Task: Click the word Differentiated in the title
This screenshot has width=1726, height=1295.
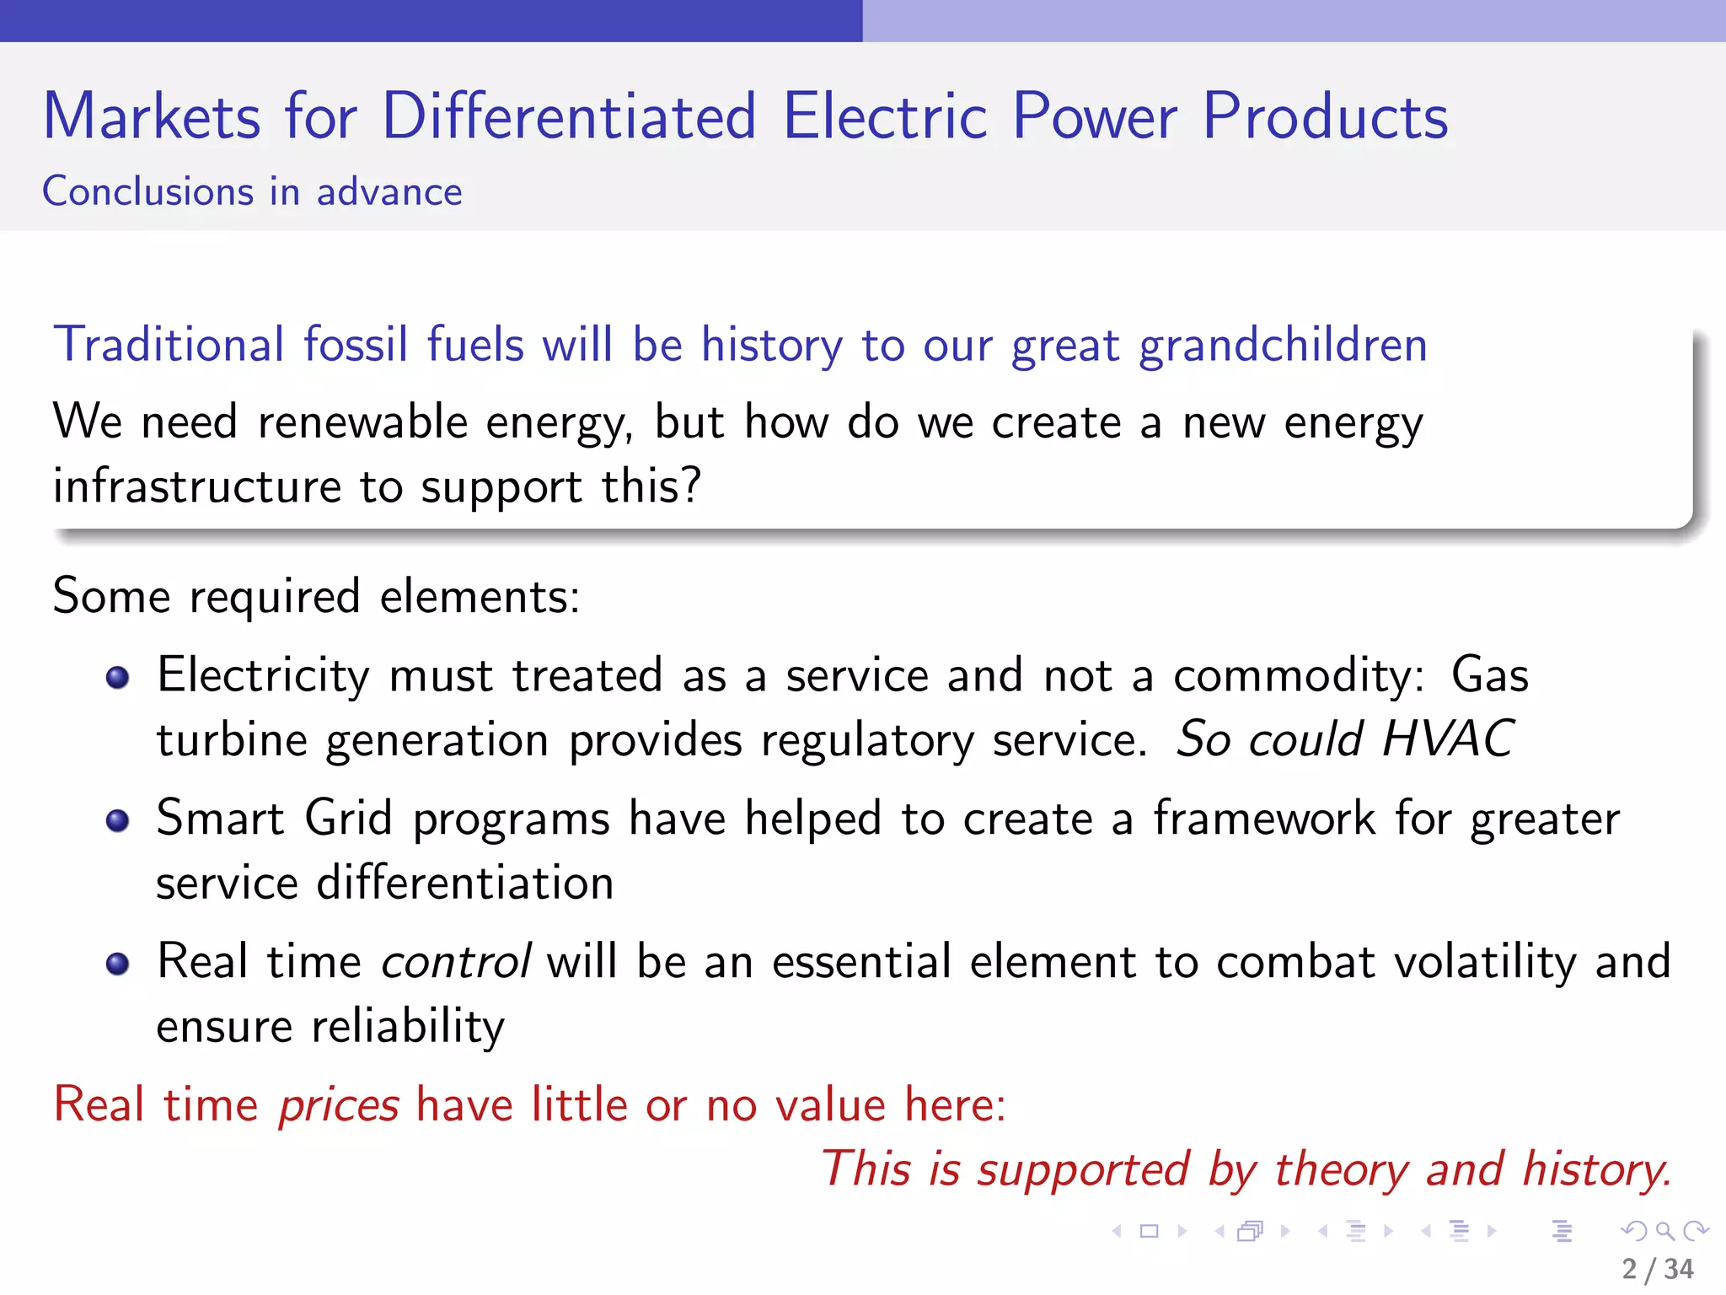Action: coord(569,116)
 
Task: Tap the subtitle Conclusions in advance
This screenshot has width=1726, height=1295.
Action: coord(252,192)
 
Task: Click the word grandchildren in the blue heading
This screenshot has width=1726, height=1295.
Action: coord(1283,346)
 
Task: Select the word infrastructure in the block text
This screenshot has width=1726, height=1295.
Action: coord(196,486)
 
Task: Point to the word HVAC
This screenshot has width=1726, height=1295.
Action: coord(1448,739)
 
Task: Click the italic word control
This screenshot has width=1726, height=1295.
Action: coord(456,961)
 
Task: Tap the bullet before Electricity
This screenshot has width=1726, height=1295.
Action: coord(118,677)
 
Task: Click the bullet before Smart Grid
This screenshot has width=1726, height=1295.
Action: coord(118,820)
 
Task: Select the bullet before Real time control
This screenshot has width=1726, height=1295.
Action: coord(118,964)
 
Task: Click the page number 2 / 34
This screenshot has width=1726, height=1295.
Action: coord(1657,1269)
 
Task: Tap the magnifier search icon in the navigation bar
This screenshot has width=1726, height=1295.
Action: coord(1664,1231)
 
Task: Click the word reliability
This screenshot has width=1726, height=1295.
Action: coord(408,1027)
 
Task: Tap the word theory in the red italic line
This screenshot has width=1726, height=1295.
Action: coord(1340,1169)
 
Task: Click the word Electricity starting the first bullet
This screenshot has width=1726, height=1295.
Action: coord(263,676)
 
